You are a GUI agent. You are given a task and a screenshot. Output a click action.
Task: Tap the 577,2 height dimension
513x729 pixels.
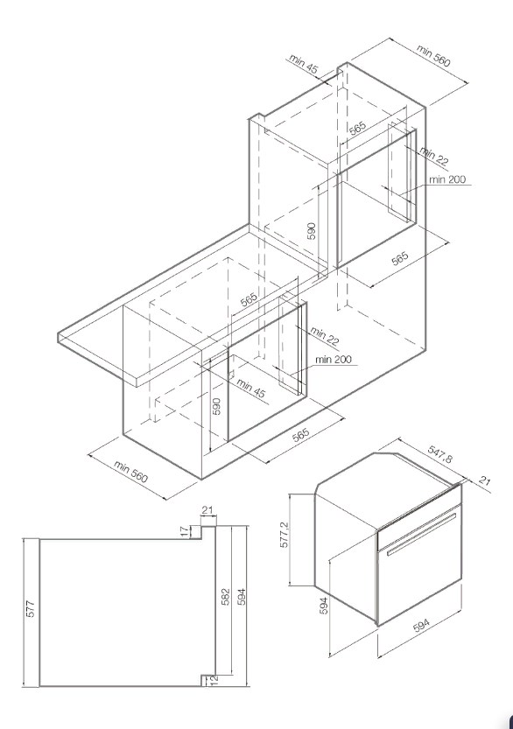(x=285, y=535)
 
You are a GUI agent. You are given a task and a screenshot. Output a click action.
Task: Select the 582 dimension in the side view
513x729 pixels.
(x=225, y=597)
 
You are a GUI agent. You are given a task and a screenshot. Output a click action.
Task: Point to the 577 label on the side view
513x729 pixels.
(x=31, y=609)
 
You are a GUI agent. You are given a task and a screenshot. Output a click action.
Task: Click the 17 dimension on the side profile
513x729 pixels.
(x=185, y=531)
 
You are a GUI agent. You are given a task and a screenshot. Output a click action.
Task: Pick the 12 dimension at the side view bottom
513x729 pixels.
(x=214, y=681)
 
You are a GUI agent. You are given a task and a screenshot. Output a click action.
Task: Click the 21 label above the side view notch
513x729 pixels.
(x=207, y=510)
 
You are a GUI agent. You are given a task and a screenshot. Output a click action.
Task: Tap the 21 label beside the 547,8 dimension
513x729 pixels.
(x=484, y=480)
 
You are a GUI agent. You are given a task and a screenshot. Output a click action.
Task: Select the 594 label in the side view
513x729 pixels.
(x=242, y=597)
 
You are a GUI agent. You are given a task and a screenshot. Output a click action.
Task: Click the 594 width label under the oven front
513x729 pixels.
(x=422, y=626)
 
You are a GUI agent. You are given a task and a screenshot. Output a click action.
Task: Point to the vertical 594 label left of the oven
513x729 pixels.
(x=324, y=606)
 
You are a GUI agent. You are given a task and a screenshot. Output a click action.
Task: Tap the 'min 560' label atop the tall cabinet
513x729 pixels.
(x=433, y=55)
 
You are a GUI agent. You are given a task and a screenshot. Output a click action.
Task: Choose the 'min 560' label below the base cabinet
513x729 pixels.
(x=131, y=472)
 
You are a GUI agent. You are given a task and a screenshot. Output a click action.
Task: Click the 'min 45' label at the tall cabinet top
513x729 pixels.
(x=304, y=64)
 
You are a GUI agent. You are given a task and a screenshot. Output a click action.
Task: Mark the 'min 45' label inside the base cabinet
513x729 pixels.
(x=251, y=389)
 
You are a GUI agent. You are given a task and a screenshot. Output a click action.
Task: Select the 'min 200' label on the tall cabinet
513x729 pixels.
(x=447, y=179)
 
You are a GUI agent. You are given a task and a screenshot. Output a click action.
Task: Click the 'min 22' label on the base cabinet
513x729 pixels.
(x=325, y=335)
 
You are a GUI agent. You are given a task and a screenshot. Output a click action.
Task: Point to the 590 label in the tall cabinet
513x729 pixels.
(x=312, y=231)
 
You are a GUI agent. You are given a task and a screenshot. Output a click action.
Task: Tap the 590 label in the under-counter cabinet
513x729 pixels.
(x=216, y=406)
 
